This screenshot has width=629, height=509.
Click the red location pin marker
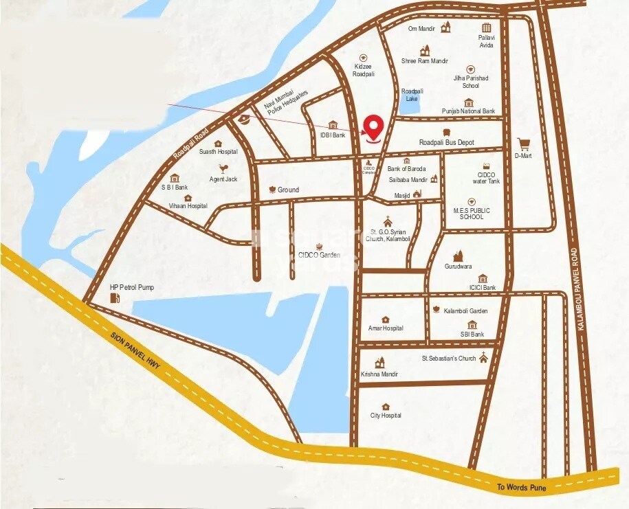click(x=373, y=128)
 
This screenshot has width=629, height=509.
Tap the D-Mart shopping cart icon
click(x=524, y=144)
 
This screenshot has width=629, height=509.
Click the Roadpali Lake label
click(x=412, y=95)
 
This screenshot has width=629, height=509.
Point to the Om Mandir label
click(x=423, y=28)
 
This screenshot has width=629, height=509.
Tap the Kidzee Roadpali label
click(x=364, y=69)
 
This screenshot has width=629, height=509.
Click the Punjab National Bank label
click(x=468, y=111)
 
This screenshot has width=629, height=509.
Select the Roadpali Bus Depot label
click(x=456, y=142)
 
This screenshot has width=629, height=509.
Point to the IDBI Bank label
click(x=332, y=135)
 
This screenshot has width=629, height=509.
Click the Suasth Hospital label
click(x=214, y=151)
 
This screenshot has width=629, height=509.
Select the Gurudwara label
click(x=458, y=265)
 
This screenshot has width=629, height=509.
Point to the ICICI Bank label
click(x=483, y=288)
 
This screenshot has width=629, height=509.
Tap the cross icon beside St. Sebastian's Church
click(x=484, y=357)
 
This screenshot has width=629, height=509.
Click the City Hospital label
click(x=386, y=416)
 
